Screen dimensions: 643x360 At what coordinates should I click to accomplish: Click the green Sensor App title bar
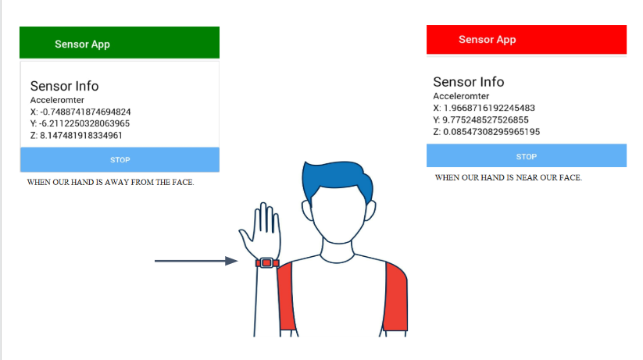[x=119, y=43]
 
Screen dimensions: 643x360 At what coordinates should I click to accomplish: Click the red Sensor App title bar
[x=526, y=40]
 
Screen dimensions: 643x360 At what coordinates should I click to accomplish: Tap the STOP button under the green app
[x=120, y=160]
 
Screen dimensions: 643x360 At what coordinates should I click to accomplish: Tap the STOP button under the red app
[x=526, y=156]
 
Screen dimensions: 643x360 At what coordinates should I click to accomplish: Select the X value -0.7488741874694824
[x=85, y=112]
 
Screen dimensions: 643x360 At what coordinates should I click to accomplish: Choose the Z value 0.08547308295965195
[x=491, y=131]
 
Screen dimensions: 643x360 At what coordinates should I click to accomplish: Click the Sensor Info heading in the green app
[x=64, y=87]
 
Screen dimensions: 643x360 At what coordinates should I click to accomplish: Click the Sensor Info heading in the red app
[x=468, y=82]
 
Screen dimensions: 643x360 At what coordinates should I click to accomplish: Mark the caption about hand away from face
[x=110, y=183]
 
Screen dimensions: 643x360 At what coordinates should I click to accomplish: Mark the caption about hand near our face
[x=508, y=178]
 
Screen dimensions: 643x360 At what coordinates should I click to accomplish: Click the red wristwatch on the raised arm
[x=266, y=262]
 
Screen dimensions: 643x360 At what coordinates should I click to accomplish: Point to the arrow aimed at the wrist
[x=195, y=261]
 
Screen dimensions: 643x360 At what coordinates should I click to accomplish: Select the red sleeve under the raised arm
[x=286, y=297]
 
